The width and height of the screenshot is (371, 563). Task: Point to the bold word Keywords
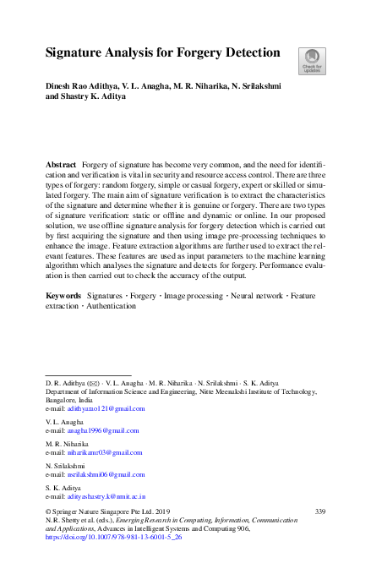click(63, 296)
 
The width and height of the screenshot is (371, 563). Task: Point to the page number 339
click(319, 511)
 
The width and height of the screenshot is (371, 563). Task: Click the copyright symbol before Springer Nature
click(47, 511)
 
